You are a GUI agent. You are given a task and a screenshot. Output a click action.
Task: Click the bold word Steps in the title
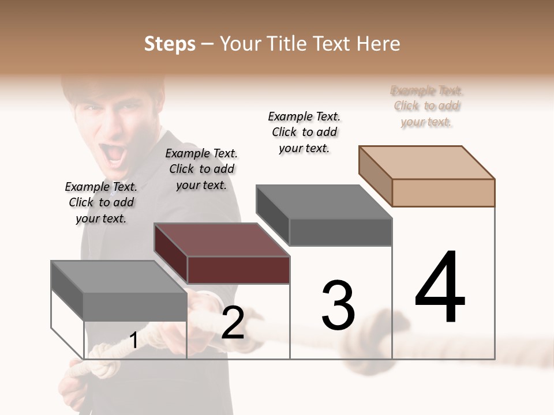[170, 44]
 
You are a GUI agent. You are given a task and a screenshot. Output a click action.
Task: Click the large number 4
[440, 288]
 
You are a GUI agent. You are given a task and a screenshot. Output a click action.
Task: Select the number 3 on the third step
[338, 305]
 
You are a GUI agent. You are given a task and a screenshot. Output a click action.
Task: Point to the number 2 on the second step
[233, 323]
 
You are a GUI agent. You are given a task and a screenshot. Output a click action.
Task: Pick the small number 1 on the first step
[133, 340]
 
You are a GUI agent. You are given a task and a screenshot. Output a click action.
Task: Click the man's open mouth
[115, 153]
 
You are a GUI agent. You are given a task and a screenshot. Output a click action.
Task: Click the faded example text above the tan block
[426, 106]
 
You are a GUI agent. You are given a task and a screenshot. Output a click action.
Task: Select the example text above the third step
[304, 132]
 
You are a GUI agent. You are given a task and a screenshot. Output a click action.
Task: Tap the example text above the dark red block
[201, 169]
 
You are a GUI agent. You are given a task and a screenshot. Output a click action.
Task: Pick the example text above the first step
[101, 202]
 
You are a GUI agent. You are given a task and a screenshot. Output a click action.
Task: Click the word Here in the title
[379, 44]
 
